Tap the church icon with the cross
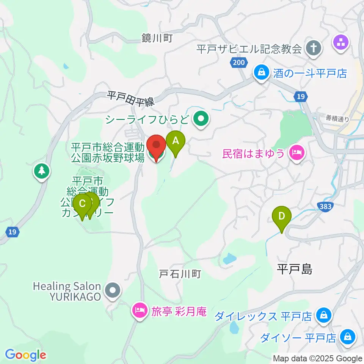314,48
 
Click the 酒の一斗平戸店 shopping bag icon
261,72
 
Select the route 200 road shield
239,63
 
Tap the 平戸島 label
294,269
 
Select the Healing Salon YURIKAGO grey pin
113,291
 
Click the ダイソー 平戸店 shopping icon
347,336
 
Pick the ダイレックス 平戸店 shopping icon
323,315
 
